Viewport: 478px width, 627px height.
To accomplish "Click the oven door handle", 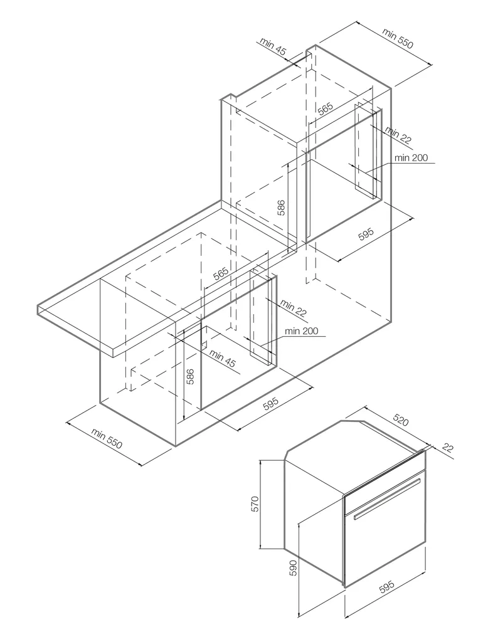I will [x=386, y=499].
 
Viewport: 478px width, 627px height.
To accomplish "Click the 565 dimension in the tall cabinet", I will [x=325, y=108].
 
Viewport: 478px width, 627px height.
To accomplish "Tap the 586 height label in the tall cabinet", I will [x=282, y=208].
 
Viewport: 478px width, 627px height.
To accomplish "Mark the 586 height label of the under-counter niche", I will [x=190, y=376].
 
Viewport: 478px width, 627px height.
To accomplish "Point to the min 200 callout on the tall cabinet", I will [x=411, y=157].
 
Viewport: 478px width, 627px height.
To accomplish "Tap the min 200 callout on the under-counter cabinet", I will [x=301, y=331].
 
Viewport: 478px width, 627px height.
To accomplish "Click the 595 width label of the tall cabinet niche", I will [x=366, y=234].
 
